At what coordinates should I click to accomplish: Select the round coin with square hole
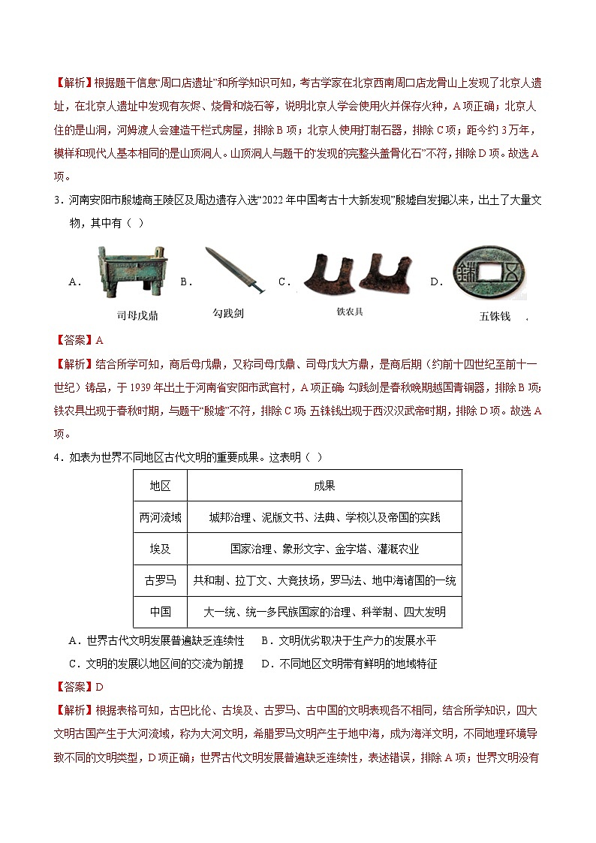[487, 275]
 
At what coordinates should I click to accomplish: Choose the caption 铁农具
[349, 311]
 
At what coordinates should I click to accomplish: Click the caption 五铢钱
[495, 316]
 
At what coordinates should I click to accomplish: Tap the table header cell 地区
[160, 486]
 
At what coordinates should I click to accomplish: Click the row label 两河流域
[160, 517]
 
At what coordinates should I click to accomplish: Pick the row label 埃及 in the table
[160, 549]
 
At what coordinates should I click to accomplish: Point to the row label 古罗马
[160, 580]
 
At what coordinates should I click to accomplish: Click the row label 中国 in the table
[160, 612]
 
